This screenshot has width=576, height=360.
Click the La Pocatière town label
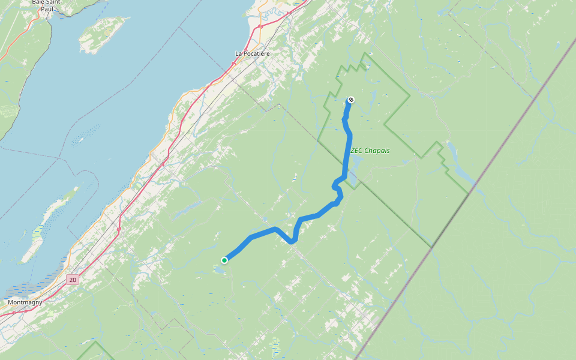[x=252, y=53]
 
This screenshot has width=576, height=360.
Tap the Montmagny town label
[x=25, y=302]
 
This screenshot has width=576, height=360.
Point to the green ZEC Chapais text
[x=370, y=150]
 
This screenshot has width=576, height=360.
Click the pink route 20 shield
[x=73, y=280]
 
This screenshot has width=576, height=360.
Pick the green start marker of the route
[x=224, y=260]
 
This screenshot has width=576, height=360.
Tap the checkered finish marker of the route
[x=351, y=100]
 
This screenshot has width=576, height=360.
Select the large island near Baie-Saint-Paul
[x=103, y=35]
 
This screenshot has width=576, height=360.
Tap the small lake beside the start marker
[x=218, y=269]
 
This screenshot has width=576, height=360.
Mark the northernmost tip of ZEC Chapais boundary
[x=364, y=53]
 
